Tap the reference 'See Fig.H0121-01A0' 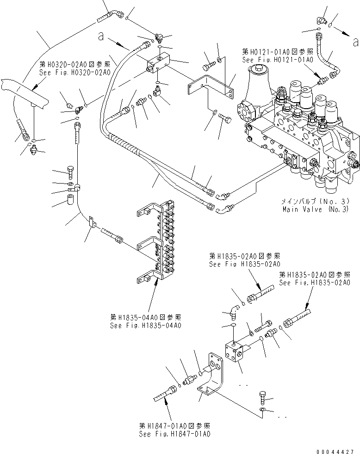pyautogui.click(x=278, y=60)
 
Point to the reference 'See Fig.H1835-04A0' pyautogui.click(x=145, y=325)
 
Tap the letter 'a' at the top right pyautogui.click(x=354, y=43)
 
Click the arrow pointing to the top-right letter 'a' pyautogui.click(x=341, y=32)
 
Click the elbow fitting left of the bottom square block pyautogui.click(x=233, y=314)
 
